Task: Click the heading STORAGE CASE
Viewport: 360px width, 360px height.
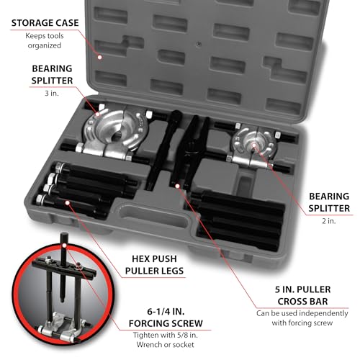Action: [x=45, y=23]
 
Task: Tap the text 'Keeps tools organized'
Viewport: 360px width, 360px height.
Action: [x=45, y=40]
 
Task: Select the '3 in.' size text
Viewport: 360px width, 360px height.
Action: [x=52, y=93]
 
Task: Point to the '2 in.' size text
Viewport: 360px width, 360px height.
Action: [x=329, y=221]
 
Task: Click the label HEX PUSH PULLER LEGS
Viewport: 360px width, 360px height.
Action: [x=154, y=265]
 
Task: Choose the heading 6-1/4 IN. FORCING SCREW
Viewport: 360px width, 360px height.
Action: [x=166, y=318]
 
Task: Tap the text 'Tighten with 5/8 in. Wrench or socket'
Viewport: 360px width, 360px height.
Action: [x=166, y=340]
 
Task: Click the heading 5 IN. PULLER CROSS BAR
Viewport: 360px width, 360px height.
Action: [x=302, y=295]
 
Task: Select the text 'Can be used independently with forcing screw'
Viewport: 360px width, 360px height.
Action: [x=302, y=318]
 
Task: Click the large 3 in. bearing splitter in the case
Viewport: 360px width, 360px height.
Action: [x=112, y=135]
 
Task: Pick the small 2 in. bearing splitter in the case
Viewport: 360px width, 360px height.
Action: [x=254, y=147]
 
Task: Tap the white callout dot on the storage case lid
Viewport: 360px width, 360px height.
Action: [x=99, y=57]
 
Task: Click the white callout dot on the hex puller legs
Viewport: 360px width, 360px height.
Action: [x=68, y=203]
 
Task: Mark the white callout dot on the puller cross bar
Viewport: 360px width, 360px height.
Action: [x=177, y=186]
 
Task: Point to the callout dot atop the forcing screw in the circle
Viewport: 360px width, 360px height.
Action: [x=64, y=246]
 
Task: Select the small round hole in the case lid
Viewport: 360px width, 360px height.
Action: [x=199, y=44]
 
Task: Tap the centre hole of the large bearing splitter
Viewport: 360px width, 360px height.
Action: [x=117, y=137]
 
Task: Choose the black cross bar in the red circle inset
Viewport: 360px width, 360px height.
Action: [x=64, y=268]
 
